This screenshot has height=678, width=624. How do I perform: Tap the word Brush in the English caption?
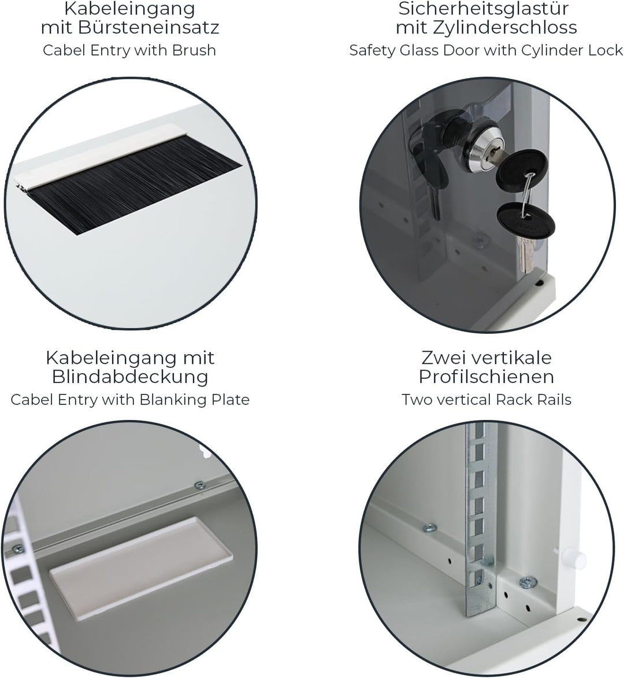[x=194, y=50]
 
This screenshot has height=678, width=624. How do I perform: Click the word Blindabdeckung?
[x=130, y=377]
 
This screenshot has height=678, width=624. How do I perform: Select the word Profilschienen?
[x=486, y=377]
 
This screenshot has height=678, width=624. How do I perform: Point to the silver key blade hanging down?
[x=525, y=254]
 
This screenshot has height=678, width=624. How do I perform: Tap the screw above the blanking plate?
[x=200, y=485]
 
